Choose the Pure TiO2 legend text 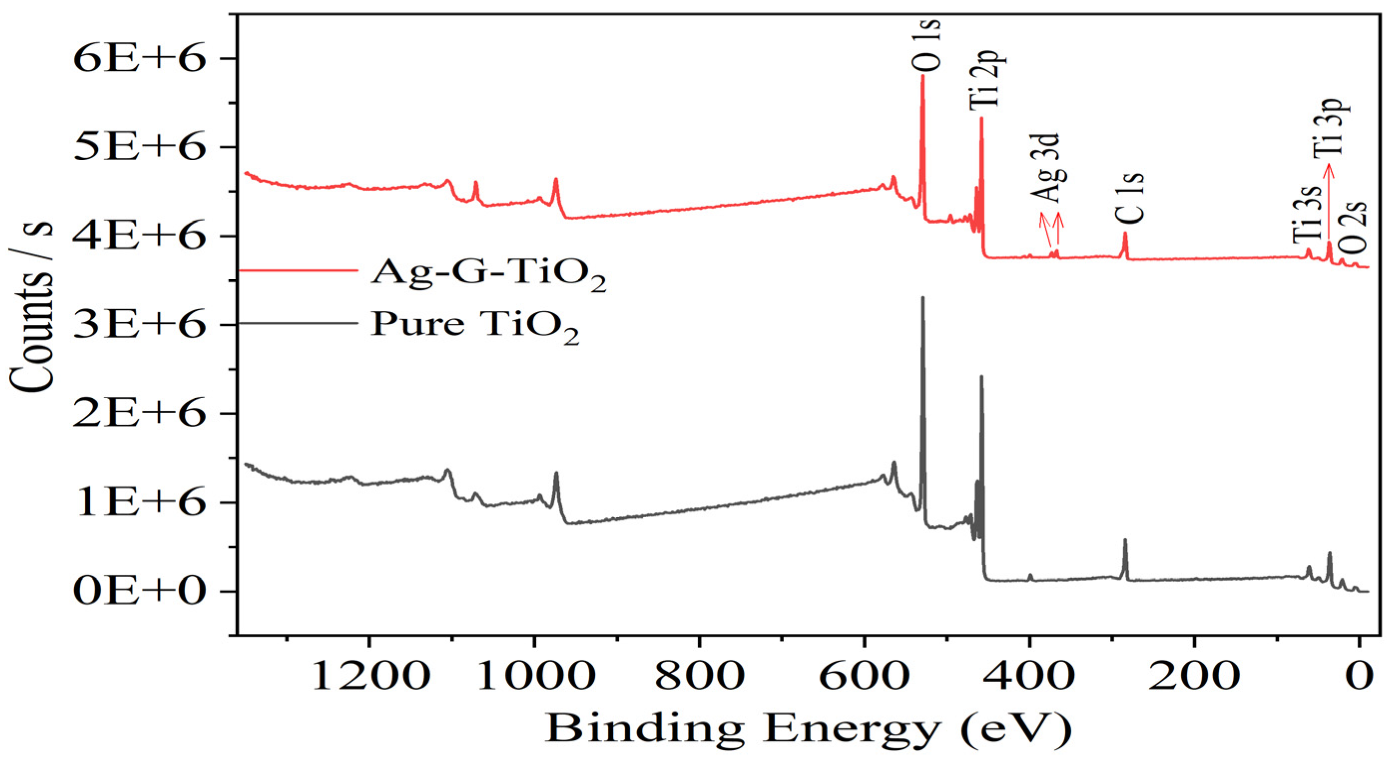click(475, 326)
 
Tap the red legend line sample click(298, 269)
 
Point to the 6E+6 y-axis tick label click(140, 58)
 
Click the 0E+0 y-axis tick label click(140, 591)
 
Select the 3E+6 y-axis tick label click(140, 325)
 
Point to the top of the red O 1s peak click(923, 76)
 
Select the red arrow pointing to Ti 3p click(1329, 206)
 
